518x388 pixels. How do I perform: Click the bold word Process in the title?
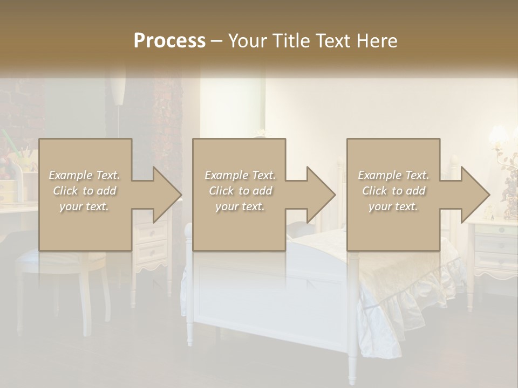(x=169, y=40)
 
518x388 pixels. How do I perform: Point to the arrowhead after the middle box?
(x=320, y=195)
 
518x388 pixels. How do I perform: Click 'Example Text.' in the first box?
(x=84, y=175)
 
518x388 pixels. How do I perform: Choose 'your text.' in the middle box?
(x=240, y=206)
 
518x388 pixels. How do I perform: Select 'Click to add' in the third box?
(x=394, y=191)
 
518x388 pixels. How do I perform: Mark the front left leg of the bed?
(x=189, y=323)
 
